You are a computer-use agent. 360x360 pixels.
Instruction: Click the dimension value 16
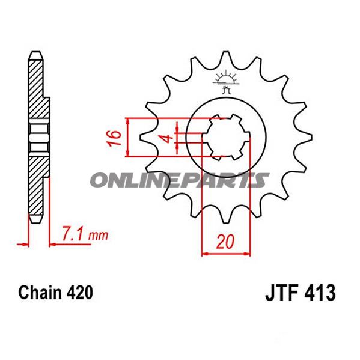115,138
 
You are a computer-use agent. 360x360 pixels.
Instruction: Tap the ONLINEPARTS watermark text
180,180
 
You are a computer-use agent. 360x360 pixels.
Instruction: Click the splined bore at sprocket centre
225,138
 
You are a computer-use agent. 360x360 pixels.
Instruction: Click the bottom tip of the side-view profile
35,220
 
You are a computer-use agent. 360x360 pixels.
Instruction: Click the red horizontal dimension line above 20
225,254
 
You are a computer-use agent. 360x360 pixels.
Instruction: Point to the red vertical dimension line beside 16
128,138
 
